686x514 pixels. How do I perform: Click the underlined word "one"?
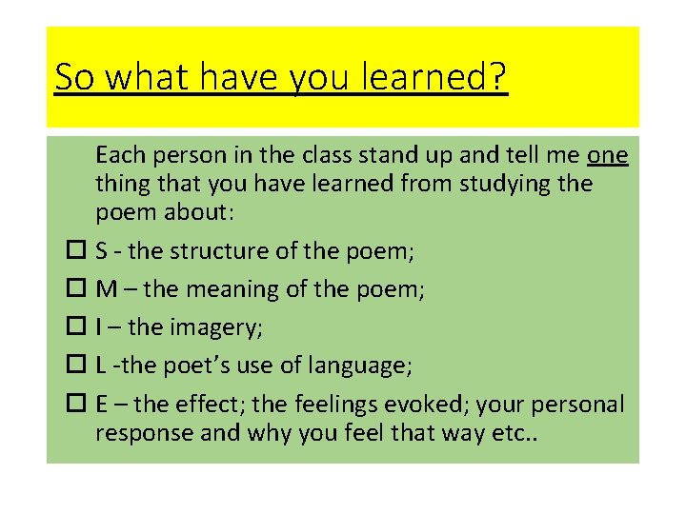(x=608, y=154)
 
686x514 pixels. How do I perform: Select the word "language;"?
(x=364, y=366)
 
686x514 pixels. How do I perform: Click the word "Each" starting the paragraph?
(x=117, y=154)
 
